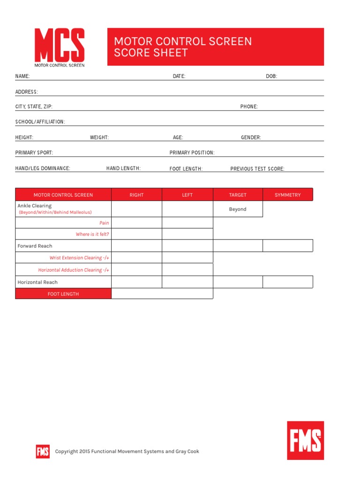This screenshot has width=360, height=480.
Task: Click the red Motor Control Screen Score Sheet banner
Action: [216, 47]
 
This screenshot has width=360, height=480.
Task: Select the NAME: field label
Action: [22, 76]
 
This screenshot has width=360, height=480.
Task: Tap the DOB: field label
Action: [271, 76]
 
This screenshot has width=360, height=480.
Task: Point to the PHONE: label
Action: [249, 107]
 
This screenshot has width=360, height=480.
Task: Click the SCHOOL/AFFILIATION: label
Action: [40, 122]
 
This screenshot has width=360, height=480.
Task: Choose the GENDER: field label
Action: [251, 138]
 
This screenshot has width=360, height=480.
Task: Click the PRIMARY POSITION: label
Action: [192, 153]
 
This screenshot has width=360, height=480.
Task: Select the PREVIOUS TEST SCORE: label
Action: [257, 169]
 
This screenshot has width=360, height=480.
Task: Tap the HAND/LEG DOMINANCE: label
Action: [43, 168]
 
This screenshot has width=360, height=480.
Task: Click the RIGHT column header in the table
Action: [136, 195]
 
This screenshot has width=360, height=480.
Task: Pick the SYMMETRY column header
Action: [287, 195]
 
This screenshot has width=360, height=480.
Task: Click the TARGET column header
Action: [238, 195]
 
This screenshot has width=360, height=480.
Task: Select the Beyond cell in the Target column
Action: [238, 210]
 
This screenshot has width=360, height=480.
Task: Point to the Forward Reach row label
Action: [35, 246]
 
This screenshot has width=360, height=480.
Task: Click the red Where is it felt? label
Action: [92, 234]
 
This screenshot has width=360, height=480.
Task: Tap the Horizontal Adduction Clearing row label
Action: [74, 270]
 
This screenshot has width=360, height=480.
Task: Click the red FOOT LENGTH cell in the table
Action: [63, 294]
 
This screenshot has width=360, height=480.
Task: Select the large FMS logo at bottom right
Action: [305, 440]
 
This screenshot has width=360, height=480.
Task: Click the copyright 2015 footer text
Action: [127, 451]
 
